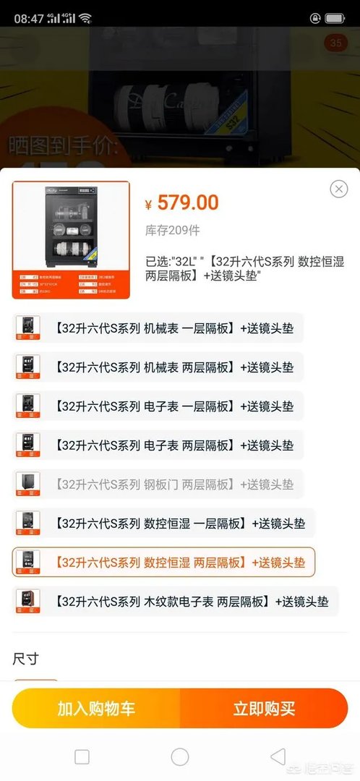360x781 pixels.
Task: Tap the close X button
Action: pyautogui.click(x=339, y=189)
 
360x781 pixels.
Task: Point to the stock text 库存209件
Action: pyautogui.click(x=173, y=230)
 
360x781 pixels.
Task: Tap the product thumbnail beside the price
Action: pyautogui.click(x=71, y=239)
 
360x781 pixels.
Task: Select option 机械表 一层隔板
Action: pyautogui.click(x=158, y=328)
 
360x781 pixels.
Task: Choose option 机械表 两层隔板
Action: pyautogui.click(x=158, y=367)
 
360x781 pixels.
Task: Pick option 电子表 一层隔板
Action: pyautogui.click(x=158, y=406)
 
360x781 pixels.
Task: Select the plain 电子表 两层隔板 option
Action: pyautogui.click(x=158, y=445)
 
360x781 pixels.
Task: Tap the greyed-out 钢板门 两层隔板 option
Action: pyautogui.click(x=158, y=484)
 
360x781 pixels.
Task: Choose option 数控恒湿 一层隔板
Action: pyautogui.click(x=164, y=523)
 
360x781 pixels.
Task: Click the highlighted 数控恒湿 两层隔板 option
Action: pyautogui.click(x=164, y=562)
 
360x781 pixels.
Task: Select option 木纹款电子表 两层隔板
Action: pyautogui.click(x=176, y=601)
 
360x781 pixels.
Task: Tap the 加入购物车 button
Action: pyautogui.click(x=96, y=708)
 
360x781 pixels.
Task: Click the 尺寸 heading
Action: pyautogui.click(x=25, y=659)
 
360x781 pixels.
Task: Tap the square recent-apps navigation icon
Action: pyautogui.click(x=82, y=756)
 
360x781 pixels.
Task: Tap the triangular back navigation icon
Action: pyautogui.click(x=278, y=756)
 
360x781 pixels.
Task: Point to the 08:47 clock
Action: pyautogui.click(x=29, y=18)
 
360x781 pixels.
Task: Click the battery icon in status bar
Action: pyautogui.click(x=334, y=18)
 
